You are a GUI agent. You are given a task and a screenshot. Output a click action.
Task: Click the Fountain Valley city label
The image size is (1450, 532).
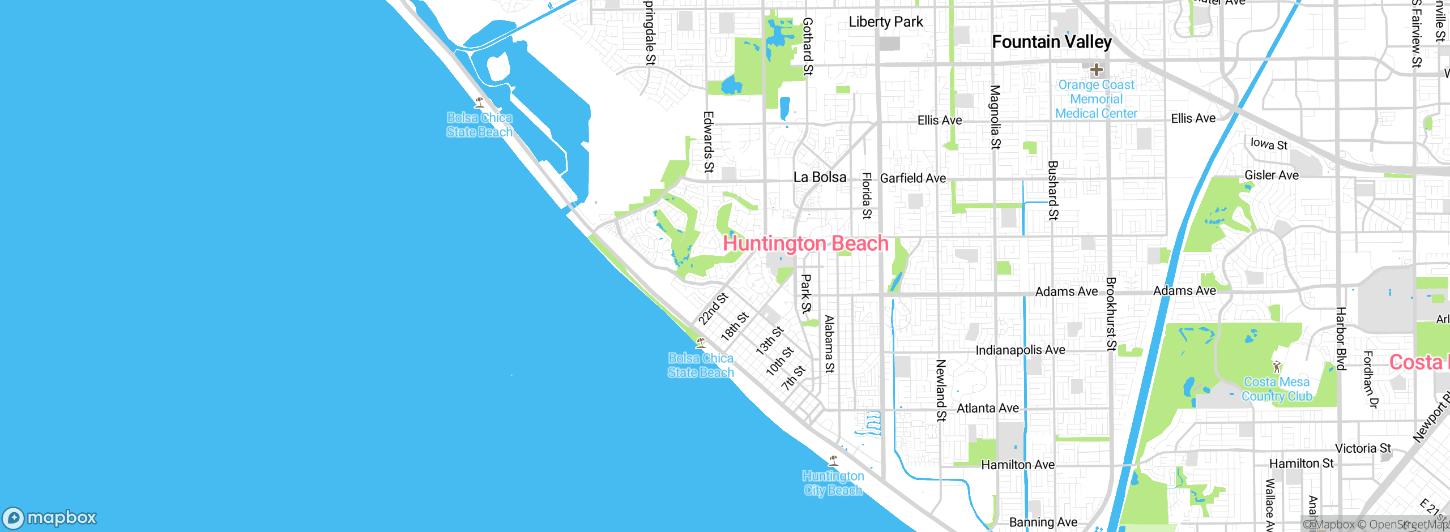pos(1051,42)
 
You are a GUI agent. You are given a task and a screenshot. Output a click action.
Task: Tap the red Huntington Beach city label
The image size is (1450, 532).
pos(805,243)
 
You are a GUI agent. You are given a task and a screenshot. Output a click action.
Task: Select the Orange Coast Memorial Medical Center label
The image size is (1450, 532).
pos(1096,99)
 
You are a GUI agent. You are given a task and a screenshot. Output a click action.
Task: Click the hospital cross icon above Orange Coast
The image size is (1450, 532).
pos(1097,70)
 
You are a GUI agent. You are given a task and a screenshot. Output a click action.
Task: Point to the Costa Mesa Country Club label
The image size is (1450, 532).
pos(1277,389)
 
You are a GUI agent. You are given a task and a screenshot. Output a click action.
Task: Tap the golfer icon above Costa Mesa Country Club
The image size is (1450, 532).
pos(1276,367)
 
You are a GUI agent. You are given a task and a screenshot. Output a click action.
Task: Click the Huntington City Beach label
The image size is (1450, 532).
pos(833,483)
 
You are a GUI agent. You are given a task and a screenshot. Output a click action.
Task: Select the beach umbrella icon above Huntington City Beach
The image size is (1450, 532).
pos(833,461)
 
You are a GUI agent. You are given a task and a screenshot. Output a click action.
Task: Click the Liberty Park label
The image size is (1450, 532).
pos(885,22)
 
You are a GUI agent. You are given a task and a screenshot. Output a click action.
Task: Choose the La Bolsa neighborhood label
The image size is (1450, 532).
pos(820,177)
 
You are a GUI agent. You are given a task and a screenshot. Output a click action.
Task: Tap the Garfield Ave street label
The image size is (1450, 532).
pos(912,178)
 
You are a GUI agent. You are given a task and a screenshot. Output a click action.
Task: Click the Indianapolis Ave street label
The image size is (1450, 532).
pos(1020,350)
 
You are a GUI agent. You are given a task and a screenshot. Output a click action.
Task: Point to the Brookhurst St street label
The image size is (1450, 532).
pos(1111,314)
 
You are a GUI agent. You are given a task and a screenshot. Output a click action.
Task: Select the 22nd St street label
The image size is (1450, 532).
pos(713,309)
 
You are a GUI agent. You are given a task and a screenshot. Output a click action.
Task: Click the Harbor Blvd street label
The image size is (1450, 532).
pos(1341,338)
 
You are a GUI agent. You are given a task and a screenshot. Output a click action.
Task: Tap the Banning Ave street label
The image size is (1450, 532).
pos(1043,522)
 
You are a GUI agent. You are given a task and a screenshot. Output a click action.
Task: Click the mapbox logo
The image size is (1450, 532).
pos(50,518)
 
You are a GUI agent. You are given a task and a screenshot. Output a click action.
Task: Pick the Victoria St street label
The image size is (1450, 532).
pos(1363,448)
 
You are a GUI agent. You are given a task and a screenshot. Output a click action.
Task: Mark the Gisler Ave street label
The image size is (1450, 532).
pos(1271,175)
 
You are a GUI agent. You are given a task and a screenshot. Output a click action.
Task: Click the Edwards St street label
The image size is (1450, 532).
pos(708,141)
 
